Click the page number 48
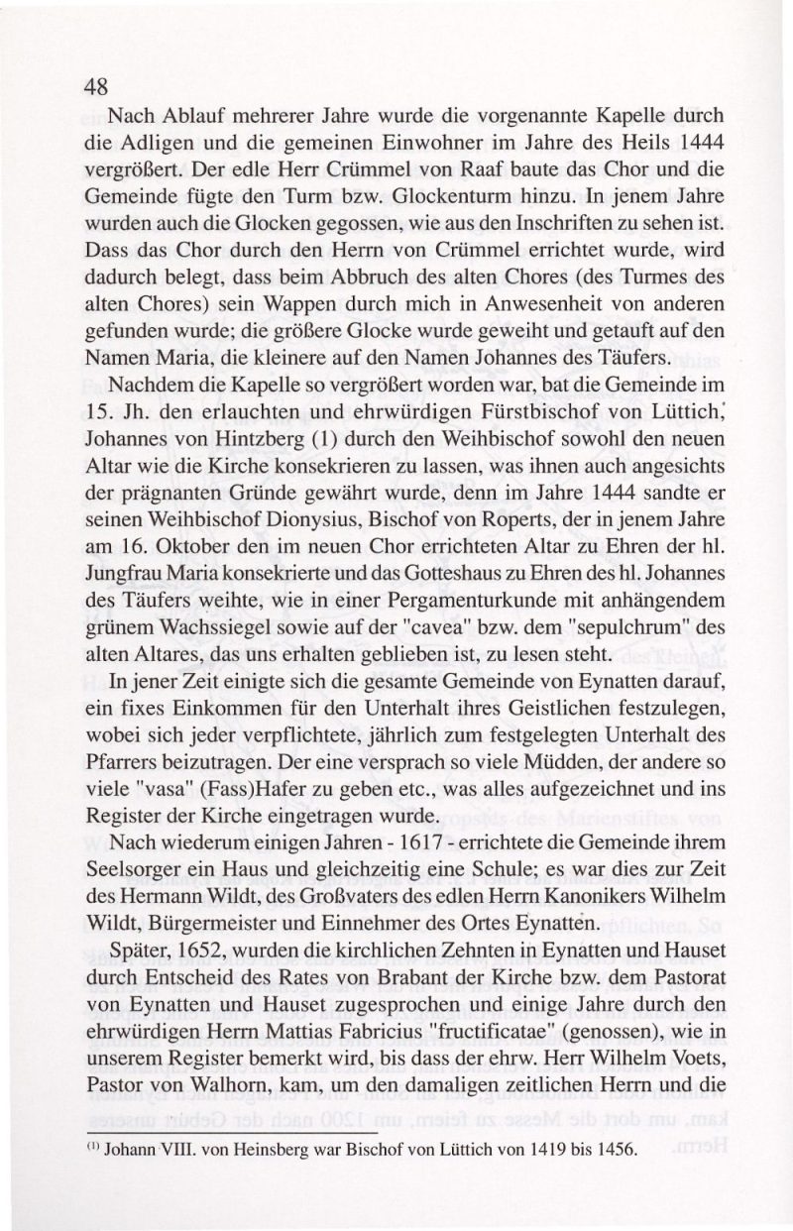coord(95,85)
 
